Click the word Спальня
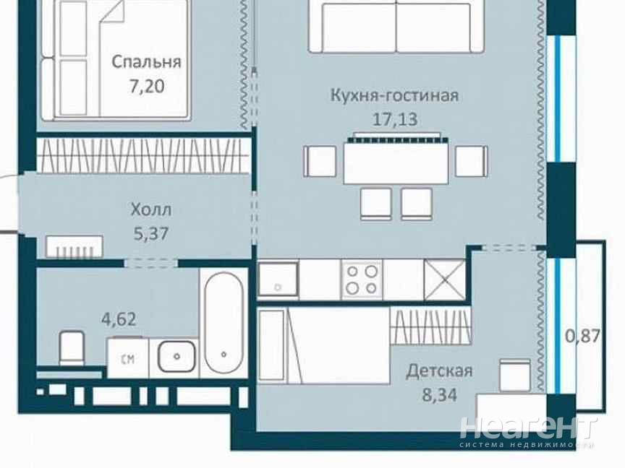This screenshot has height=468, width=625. [x=146, y=62]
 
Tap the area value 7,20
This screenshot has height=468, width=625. [x=146, y=87]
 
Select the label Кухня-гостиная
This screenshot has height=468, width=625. [x=395, y=95]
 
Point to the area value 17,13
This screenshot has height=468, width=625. [x=395, y=119]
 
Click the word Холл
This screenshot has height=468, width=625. [x=151, y=209]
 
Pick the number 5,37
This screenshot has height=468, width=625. [x=151, y=233]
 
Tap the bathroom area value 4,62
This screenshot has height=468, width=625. [x=119, y=319]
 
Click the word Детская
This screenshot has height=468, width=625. [x=439, y=371]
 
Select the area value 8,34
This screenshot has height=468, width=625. [x=439, y=395]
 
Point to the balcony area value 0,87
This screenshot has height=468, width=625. [x=583, y=337]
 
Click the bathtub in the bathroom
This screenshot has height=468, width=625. [x=224, y=322]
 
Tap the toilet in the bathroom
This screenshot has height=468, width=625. [x=72, y=347]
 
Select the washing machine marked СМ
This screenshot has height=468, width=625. [x=127, y=357]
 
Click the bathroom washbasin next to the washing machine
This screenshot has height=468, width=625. [x=177, y=356]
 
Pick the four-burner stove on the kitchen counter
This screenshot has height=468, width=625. [x=362, y=279]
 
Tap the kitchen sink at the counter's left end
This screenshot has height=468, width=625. [x=278, y=279]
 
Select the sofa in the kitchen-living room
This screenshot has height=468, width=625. [x=396, y=26]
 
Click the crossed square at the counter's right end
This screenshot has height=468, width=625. [x=444, y=279]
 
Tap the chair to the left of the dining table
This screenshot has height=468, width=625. [x=320, y=161]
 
